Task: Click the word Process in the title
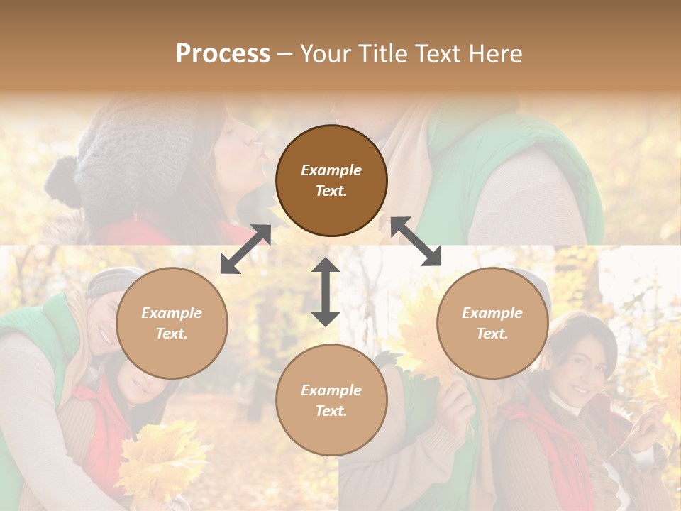point(223,54)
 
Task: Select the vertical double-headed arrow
point(326,292)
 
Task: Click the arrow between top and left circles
point(245,249)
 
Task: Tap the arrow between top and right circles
point(416,241)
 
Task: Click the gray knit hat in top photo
point(121,156)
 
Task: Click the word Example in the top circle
point(331,170)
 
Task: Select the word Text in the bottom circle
point(331,411)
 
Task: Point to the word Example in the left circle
point(172,313)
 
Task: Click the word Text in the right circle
point(492,334)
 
